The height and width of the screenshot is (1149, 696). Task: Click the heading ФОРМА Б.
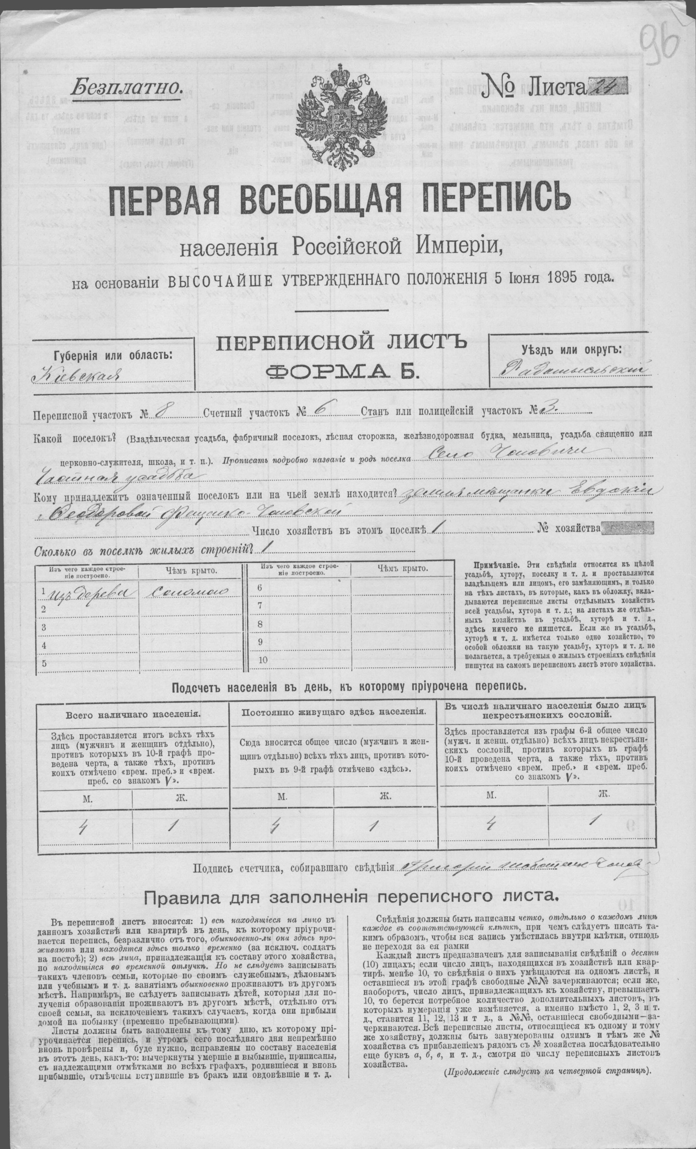pyautogui.click(x=341, y=371)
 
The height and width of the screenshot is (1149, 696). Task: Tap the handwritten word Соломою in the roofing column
pyautogui.click(x=186, y=590)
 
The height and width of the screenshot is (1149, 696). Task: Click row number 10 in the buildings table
pyautogui.click(x=263, y=660)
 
